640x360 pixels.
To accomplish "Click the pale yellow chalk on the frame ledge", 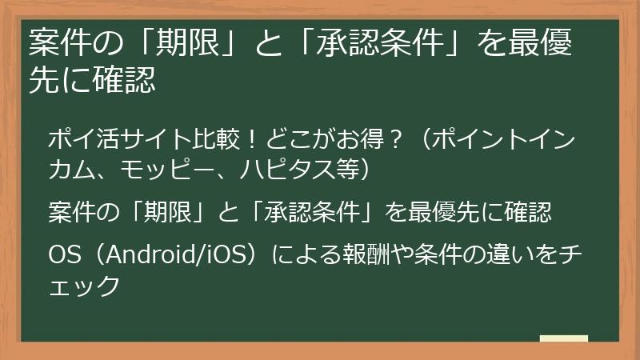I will click(563, 338).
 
